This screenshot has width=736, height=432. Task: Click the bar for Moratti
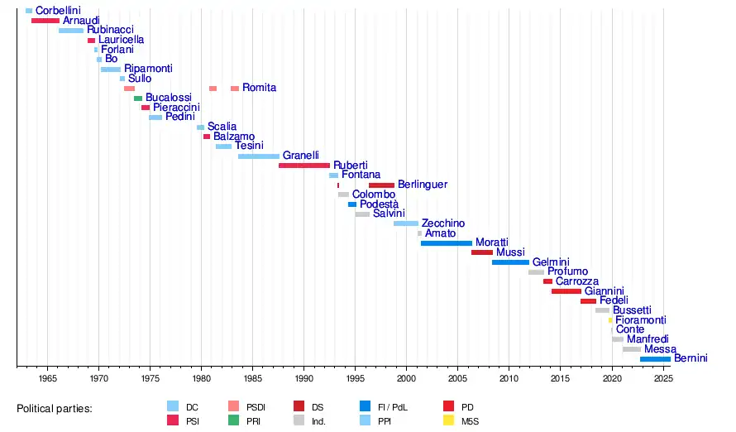(446, 243)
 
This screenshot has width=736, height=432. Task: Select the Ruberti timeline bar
(304, 166)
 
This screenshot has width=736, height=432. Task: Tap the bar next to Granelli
(259, 156)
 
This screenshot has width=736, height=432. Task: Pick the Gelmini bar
(510, 262)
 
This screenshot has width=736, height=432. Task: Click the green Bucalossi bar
(138, 98)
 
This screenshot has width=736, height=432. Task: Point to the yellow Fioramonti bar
(611, 320)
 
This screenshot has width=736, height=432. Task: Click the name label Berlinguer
(423, 185)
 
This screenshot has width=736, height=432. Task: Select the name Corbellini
(58, 11)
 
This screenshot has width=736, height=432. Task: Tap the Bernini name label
(691, 358)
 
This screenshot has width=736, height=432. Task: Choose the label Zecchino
(443, 223)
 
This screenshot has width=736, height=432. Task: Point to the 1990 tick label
(304, 378)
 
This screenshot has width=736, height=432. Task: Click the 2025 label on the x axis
(662, 378)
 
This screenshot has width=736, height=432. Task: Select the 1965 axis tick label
(47, 378)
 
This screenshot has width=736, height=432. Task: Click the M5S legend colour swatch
(449, 420)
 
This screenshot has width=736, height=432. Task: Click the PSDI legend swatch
(233, 406)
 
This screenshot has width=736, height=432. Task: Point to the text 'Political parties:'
(55, 409)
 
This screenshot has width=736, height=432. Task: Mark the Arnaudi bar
(45, 21)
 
